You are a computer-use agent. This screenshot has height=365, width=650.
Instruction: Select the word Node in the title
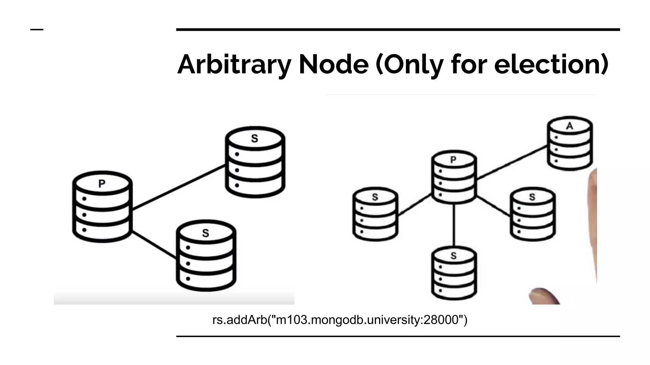[x=333, y=65]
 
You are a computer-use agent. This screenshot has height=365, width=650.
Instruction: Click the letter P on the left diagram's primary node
[x=102, y=183]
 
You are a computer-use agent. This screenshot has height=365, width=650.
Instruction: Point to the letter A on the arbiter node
[x=570, y=126]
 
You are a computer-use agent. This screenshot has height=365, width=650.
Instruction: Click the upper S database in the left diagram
[x=255, y=162]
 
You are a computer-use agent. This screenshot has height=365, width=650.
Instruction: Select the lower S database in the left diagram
[x=206, y=256]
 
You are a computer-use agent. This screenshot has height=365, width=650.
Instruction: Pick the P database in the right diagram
[x=454, y=177]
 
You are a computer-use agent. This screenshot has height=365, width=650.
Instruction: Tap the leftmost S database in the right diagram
[x=375, y=214]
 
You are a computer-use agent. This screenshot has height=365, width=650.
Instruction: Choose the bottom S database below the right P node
[x=454, y=273]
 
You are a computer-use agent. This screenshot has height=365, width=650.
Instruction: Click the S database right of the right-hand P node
[x=533, y=214]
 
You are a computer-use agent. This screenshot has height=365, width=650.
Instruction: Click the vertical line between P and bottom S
[x=454, y=225]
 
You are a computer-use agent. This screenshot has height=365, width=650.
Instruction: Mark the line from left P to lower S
[x=154, y=245]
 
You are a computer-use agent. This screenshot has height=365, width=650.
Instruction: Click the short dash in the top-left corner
[x=37, y=29]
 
